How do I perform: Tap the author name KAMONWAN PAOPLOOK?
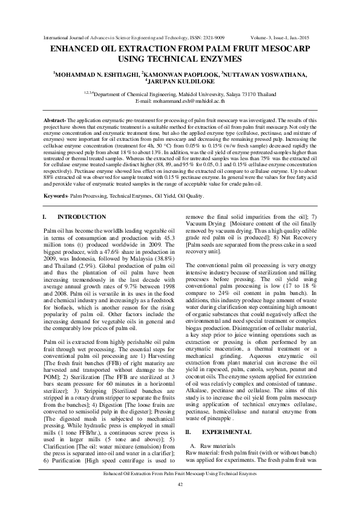click(180, 75)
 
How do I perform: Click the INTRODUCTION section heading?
click(81, 217)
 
